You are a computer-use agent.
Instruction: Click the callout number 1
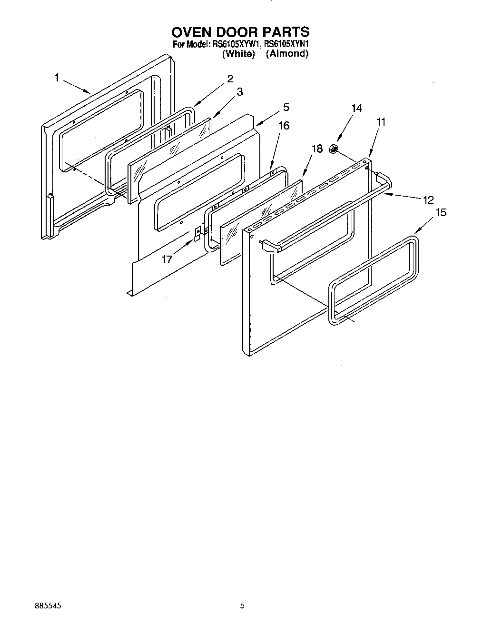coord(57,78)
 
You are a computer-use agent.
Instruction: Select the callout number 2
coord(230,79)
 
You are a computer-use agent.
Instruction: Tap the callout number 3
coord(239,92)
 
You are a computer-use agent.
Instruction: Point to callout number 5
coord(286,107)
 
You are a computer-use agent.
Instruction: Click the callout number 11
coord(381,122)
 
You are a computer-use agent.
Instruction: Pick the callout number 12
coord(428,200)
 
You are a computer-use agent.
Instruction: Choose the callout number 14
coord(356,108)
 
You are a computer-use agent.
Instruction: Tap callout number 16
coord(284,126)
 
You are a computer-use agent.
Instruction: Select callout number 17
coord(167,259)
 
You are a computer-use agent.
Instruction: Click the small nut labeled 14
coord(334,150)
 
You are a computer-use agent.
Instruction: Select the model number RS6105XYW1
coord(237,44)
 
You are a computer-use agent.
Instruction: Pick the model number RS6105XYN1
coord(287,44)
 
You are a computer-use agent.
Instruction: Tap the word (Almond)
coord(287,54)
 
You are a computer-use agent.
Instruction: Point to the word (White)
coord(239,54)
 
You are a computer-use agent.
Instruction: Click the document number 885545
coord(48,606)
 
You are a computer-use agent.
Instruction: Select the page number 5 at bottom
coord(242,606)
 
